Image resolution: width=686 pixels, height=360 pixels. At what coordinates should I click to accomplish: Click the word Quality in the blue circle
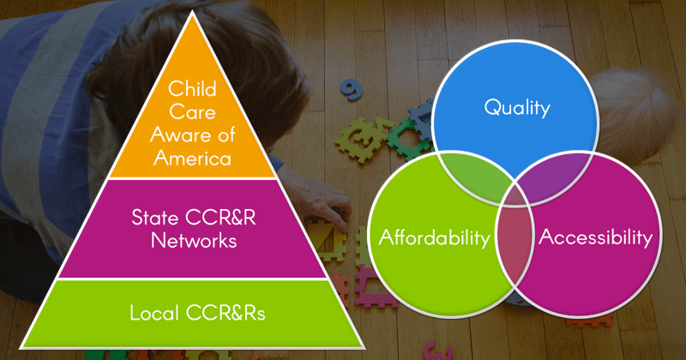517,108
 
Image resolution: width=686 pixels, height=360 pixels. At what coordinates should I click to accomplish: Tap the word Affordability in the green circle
435,237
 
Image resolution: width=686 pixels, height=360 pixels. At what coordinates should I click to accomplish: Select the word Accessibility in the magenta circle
595,237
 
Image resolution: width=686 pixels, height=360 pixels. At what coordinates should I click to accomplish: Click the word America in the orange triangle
192,158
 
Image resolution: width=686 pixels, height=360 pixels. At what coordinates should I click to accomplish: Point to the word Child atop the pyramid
192,88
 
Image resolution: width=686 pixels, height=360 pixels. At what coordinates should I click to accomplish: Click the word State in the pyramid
155,218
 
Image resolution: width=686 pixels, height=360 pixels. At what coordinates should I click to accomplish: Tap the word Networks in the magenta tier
194,241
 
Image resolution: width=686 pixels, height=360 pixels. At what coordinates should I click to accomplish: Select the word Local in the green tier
154,313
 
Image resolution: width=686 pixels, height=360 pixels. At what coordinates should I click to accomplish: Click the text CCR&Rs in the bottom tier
226,313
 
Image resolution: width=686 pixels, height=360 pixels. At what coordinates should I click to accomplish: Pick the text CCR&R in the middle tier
221,218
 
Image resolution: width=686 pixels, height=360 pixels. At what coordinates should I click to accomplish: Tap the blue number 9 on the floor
351,89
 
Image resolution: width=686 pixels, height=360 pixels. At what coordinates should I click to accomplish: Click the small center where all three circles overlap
515,193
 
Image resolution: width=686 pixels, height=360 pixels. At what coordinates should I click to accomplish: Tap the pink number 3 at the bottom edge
436,350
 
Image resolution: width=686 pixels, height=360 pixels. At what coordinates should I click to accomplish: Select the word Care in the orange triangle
192,111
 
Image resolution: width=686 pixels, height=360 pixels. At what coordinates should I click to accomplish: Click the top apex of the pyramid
192,12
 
